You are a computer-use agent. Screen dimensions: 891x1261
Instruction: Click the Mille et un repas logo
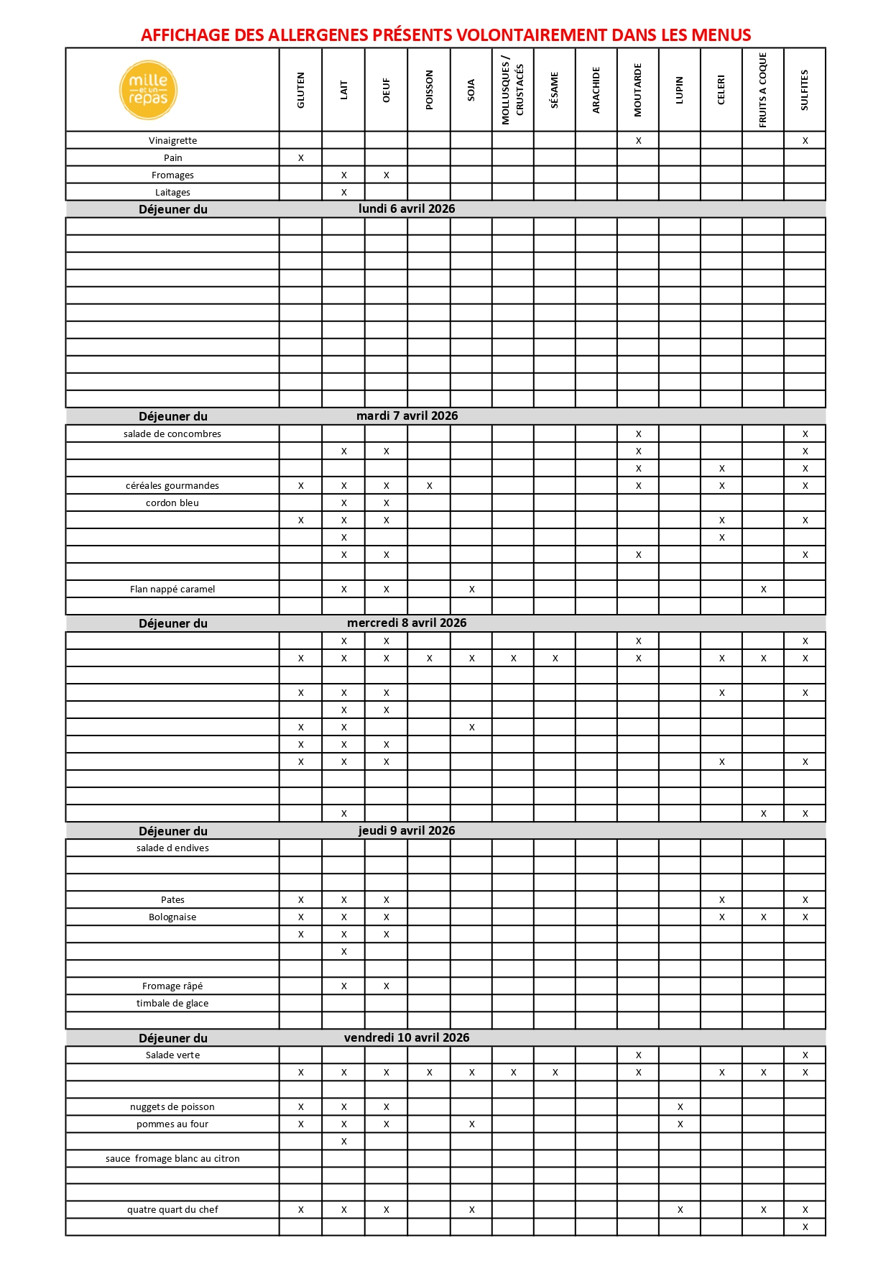point(148,90)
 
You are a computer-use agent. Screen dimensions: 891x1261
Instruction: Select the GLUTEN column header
point(301,90)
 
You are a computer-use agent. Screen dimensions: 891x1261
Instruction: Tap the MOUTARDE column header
point(638,90)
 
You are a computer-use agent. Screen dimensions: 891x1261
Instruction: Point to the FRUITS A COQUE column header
point(763,90)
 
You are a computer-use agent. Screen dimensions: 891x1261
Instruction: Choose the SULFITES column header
point(805,90)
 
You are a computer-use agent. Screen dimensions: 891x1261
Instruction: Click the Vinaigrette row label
point(172,141)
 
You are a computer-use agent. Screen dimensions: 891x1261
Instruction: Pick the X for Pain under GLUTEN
point(301,158)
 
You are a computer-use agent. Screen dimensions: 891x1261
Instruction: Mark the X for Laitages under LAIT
point(344,193)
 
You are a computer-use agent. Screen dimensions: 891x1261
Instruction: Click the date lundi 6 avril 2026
point(407,209)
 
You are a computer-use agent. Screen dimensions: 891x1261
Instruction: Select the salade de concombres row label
point(172,434)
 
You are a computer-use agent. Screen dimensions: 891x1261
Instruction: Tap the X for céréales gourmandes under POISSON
point(430,486)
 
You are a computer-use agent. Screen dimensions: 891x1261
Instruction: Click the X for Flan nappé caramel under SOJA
point(472,590)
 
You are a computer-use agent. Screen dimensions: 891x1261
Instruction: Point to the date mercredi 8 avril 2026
point(407,623)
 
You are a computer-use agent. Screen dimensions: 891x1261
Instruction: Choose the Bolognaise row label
point(172,917)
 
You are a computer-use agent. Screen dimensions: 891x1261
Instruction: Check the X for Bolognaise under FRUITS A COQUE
point(764,917)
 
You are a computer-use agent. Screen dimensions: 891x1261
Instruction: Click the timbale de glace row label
point(172,1004)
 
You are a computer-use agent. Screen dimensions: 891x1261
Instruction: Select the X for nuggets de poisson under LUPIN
point(680,1107)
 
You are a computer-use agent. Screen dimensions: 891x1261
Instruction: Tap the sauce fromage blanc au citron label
point(172,1159)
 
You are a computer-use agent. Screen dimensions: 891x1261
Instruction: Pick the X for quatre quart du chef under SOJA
point(472,1210)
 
